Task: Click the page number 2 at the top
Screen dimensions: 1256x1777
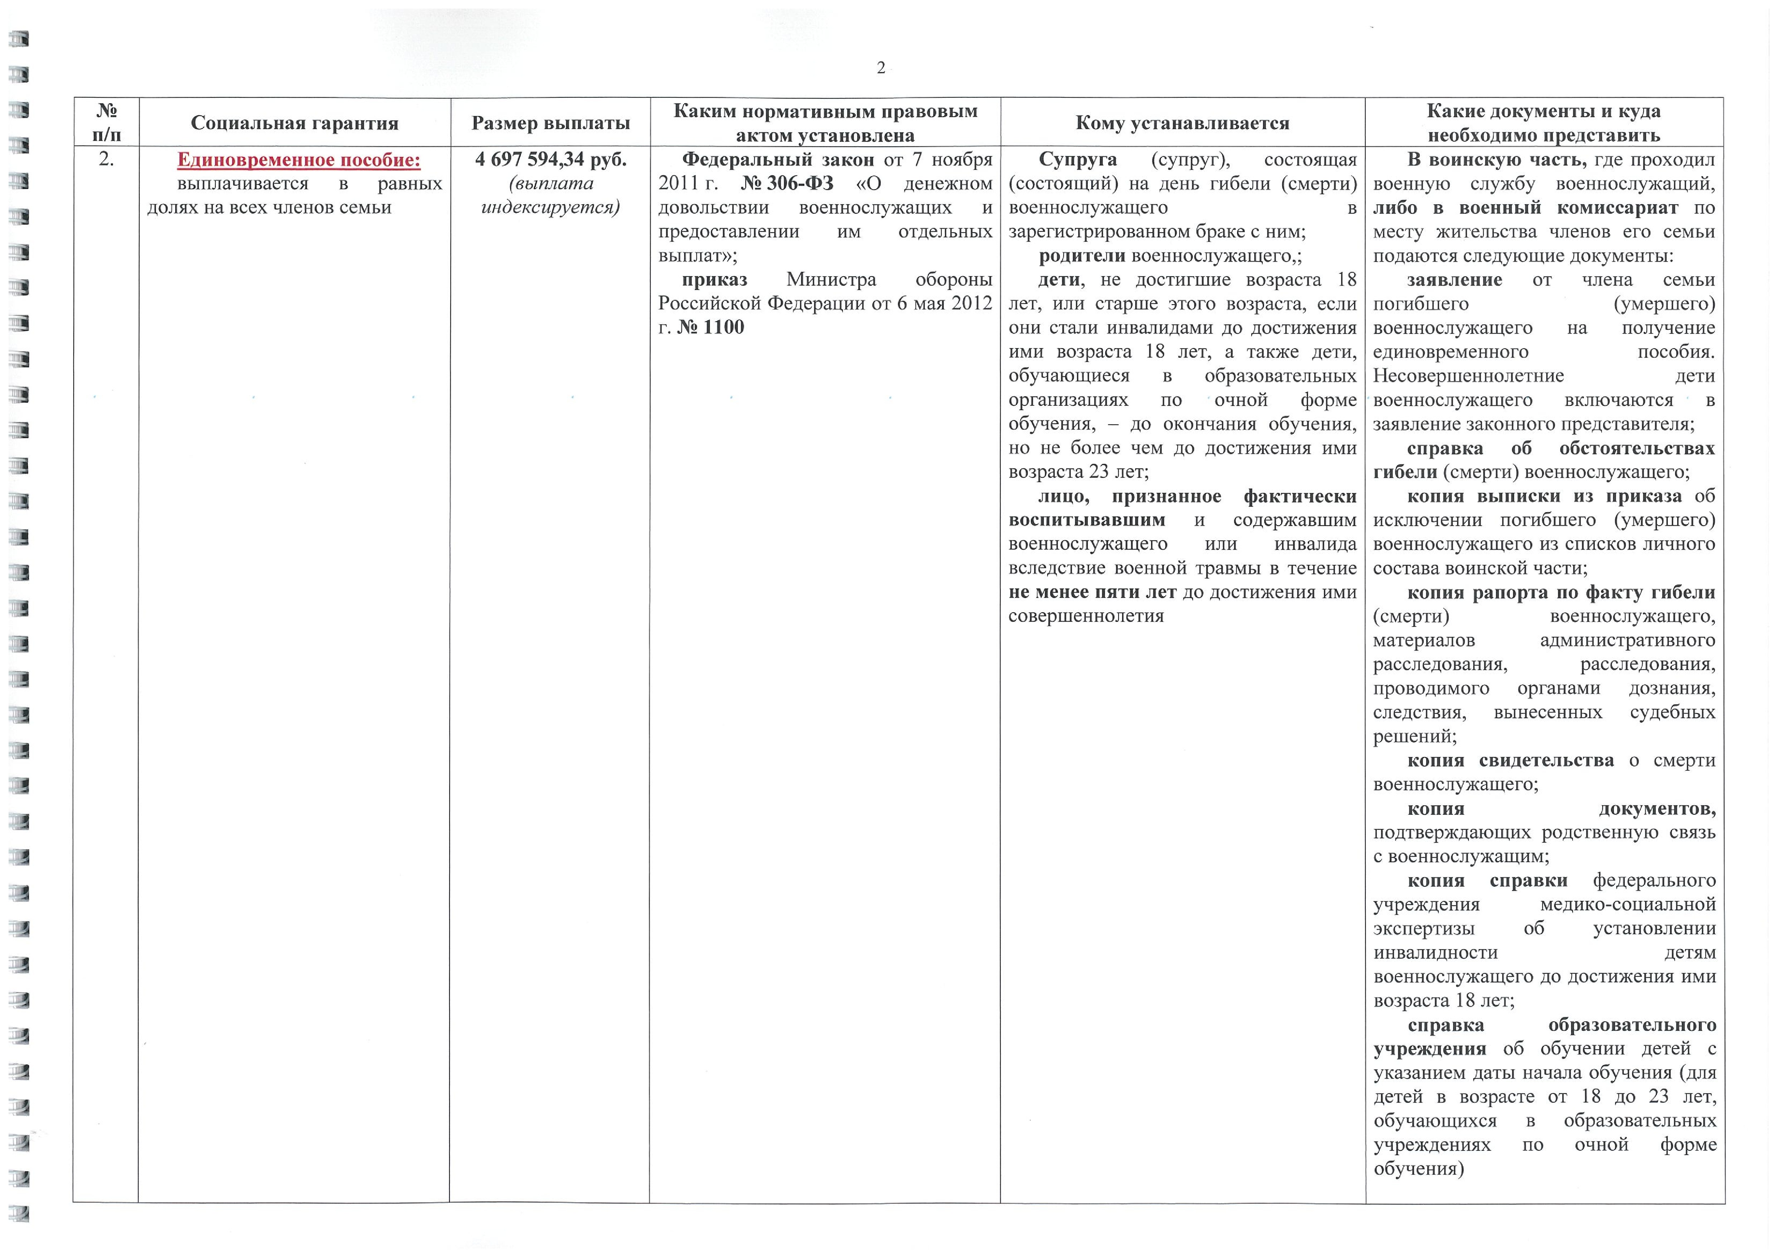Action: point(881,68)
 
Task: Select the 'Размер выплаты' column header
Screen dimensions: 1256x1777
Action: point(550,123)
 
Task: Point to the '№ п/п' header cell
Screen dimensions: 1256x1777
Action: point(106,123)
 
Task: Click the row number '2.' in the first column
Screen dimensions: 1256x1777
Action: point(106,160)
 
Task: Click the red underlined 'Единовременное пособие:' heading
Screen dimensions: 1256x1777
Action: point(299,160)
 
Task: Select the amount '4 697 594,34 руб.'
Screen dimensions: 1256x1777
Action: point(550,160)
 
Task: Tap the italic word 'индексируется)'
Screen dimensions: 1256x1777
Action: point(550,208)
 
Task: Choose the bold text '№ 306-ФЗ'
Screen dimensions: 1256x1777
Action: point(787,184)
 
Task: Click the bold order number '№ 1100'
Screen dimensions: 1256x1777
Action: point(710,327)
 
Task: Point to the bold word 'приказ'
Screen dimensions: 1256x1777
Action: point(714,279)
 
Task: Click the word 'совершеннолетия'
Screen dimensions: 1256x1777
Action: point(1086,616)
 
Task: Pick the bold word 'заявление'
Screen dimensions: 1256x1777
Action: point(1454,279)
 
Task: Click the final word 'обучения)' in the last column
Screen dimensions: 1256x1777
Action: point(1418,1168)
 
